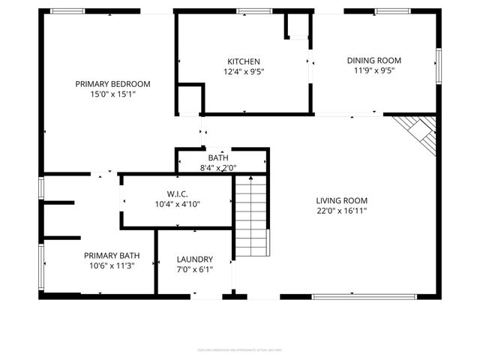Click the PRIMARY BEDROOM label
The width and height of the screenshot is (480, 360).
coord(112,83)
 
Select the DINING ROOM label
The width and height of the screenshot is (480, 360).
coord(373,60)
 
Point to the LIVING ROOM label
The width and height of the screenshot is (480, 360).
coord(341,200)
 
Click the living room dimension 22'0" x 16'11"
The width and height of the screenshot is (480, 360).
coord(341,211)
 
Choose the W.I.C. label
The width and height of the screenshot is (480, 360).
coord(177,193)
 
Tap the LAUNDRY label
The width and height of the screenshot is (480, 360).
coord(194,259)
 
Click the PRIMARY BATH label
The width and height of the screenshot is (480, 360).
coord(112,255)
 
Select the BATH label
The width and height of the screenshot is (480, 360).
coord(218,157)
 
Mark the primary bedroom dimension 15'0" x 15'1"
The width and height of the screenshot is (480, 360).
coord(112,94)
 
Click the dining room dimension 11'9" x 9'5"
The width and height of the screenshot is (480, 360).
coord(373,71)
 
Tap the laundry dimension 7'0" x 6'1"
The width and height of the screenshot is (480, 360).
coord(194,270)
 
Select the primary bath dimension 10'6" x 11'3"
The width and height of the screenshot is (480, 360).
coord(112,266)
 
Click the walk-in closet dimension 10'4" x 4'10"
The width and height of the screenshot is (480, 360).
coord(177,204)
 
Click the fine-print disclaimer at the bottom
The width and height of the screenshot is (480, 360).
coord(240,349)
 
